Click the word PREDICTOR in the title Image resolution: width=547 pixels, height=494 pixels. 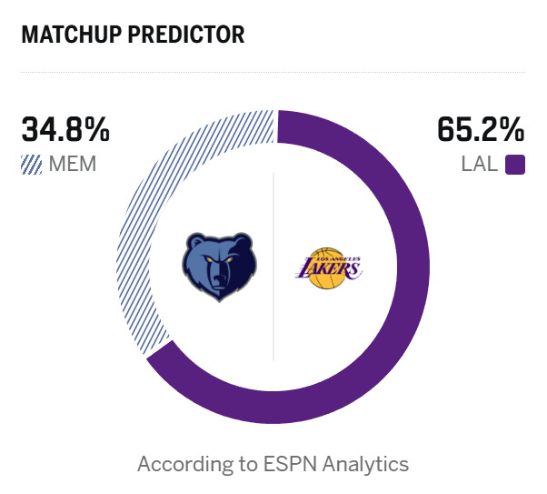[x=190, y=35]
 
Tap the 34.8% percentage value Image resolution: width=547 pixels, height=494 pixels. [x=65, y=129]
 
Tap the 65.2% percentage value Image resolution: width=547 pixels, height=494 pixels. [x=481, y=129]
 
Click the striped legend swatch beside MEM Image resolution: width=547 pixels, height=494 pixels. [x=32, y=165]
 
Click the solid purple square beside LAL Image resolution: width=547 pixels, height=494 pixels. [x=515, y=165]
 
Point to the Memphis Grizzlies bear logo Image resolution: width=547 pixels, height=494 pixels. [x=219, y=267]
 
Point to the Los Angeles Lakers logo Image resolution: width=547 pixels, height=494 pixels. [x=329, y=267]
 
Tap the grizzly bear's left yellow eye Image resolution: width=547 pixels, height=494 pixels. [x=210, y=263]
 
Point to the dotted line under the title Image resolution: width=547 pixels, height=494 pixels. [x=273, y=72]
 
